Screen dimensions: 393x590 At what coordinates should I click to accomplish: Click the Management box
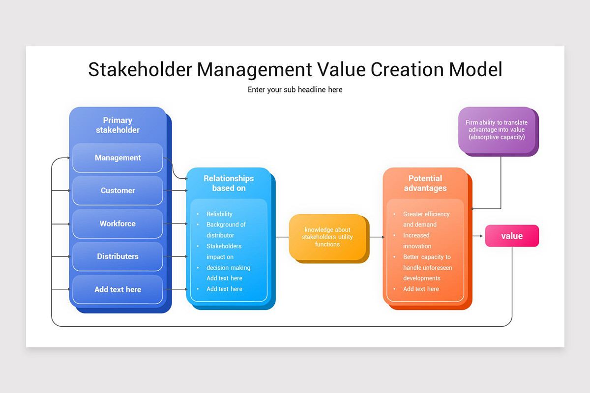118,158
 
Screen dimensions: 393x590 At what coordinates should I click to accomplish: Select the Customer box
118,191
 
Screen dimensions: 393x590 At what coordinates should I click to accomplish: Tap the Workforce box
118,224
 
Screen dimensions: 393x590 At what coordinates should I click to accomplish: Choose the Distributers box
118,256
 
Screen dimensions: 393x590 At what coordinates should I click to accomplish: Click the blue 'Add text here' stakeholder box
118,289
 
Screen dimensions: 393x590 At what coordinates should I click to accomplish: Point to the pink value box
512,236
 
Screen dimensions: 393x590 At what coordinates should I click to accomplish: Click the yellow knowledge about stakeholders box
327,237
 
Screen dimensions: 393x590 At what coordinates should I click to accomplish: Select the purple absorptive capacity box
497,130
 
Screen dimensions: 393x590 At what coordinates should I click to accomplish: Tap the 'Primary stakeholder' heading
118,125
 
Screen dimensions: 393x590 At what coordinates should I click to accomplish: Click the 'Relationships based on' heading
229,183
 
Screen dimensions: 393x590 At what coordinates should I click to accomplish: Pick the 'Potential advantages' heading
425,183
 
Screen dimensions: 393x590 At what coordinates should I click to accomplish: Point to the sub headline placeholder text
295,89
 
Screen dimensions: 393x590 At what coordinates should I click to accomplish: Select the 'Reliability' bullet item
219,214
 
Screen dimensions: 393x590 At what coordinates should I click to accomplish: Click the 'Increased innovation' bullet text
417,241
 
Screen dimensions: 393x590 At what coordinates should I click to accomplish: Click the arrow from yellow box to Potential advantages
376,237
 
